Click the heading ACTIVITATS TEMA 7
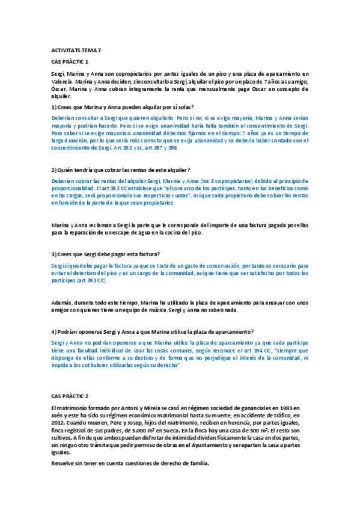76,50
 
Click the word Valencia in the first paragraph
63,81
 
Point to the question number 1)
54,106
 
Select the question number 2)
54,170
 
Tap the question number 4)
54,331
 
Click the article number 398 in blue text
172,147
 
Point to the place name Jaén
59,415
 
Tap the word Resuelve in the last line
65,464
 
